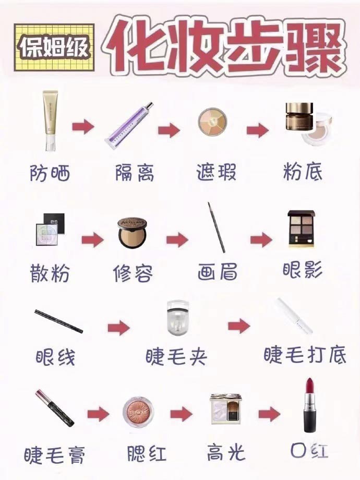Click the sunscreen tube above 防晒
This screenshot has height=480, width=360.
pos(50,121)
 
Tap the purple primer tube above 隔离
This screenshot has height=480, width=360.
pos(130,124)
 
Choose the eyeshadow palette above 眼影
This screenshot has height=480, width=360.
pos(302,229)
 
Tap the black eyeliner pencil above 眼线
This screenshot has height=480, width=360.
pos(58,321)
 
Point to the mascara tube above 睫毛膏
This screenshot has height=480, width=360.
pos(55,408)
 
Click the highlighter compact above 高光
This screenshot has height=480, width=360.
pos(225,410)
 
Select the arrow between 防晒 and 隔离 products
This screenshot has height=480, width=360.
pos(83,127)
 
